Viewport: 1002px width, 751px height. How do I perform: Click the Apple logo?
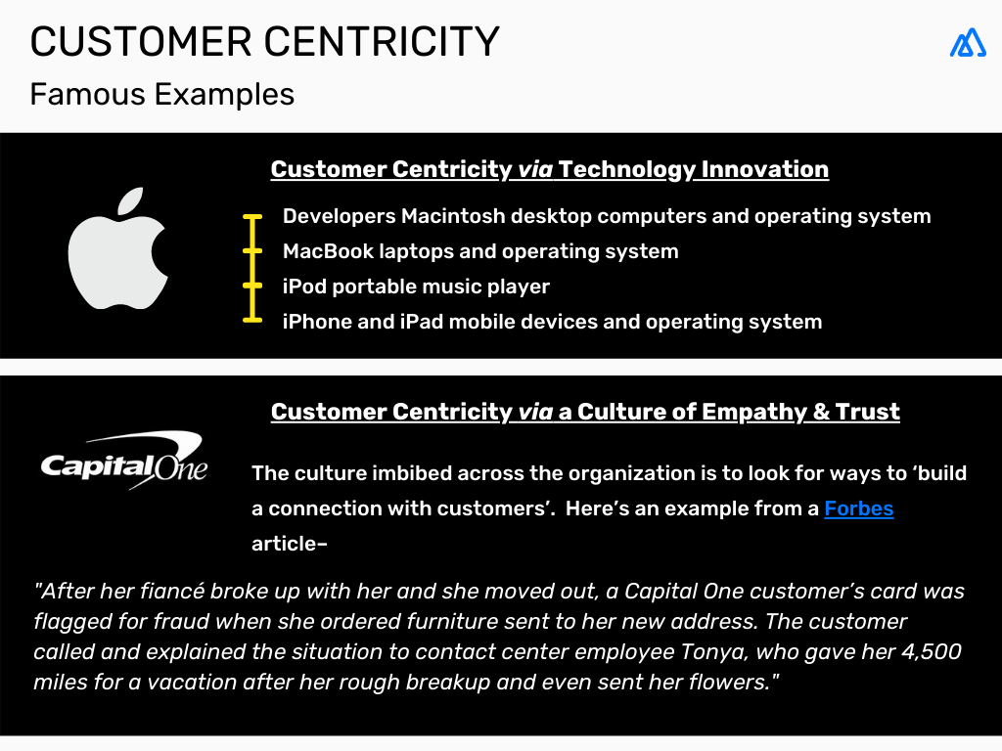pyautogui.click(x=117, y=249)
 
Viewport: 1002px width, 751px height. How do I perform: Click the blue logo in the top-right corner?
pyautogui.click(x=967, y=42)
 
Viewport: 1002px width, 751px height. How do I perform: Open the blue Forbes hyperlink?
pyautogui.click(x=858, y=508)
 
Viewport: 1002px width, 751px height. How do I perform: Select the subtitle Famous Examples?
pyautogui.click(x=161, y=94)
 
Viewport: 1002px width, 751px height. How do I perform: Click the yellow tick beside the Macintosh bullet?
pyautogui.click(x=253, y=216)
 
